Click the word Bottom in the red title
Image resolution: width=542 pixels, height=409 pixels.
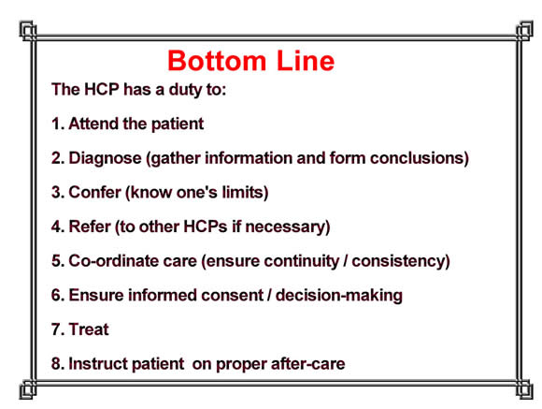(217, 61)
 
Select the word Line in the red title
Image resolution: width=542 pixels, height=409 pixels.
(306, 61)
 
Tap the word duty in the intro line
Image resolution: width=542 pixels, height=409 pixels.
(186, 90)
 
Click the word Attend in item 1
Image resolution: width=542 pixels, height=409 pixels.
(93, 124)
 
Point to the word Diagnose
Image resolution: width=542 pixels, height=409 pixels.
(105, 158)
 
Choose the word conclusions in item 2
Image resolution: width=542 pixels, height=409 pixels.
(420, 158)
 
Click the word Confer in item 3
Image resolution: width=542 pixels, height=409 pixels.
(94, 192)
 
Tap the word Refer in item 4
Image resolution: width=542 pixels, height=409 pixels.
(90, 226)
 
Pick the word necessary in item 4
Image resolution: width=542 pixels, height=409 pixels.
(288, 227)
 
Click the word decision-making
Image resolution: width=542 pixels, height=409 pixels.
(339, 296)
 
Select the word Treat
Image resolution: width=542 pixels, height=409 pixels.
(89, 329)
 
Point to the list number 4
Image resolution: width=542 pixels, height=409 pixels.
(57, 226)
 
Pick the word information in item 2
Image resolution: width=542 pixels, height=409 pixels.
(249, 158)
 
